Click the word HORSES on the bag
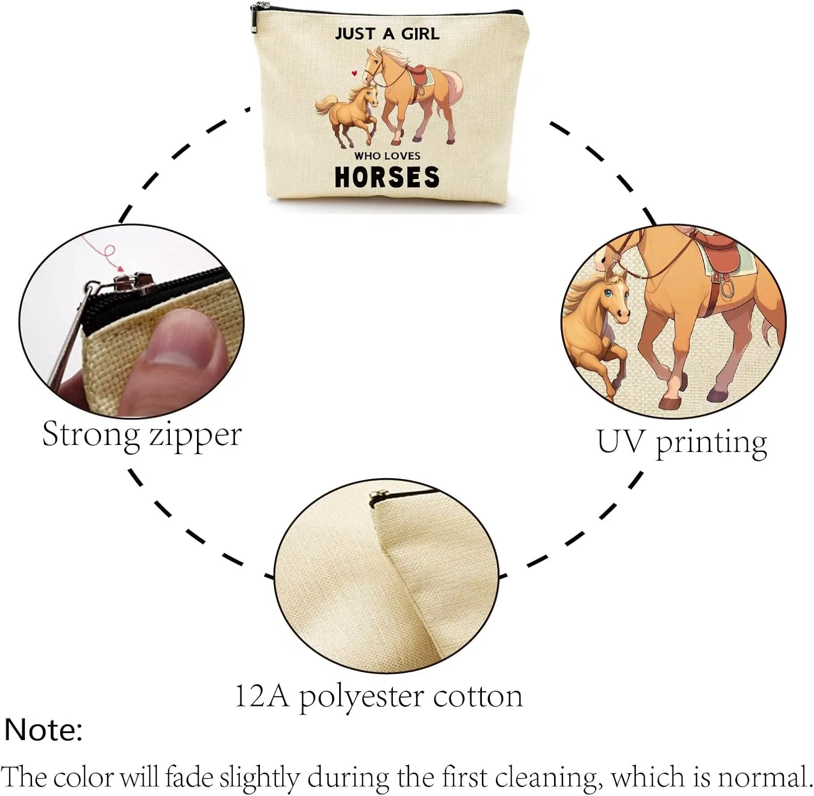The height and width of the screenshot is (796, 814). coord(387,177)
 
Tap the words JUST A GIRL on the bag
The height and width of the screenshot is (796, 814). coord(387,34)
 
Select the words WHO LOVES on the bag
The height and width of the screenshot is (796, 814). coord(387,156)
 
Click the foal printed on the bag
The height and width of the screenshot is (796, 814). coord(347,114)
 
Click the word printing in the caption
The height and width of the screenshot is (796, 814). coord(712,444)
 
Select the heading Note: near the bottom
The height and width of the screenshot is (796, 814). coord(43,729)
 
